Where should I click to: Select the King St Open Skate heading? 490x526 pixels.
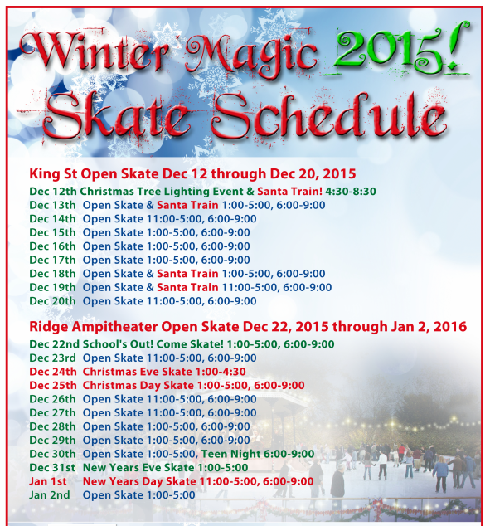[192, 174]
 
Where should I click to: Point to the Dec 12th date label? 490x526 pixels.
[53, 191]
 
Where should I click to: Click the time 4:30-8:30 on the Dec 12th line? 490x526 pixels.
[352, 191]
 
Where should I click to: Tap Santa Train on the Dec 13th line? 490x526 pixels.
[188, 205]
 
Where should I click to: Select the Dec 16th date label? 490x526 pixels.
[52, 246]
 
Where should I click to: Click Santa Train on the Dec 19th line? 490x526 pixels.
[188, 287]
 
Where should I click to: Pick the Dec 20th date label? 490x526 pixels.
[52, 301]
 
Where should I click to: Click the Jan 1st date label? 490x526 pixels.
[48, 481]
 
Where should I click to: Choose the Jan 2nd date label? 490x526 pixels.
[50, 495]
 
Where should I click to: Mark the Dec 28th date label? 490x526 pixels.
[52, 426]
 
